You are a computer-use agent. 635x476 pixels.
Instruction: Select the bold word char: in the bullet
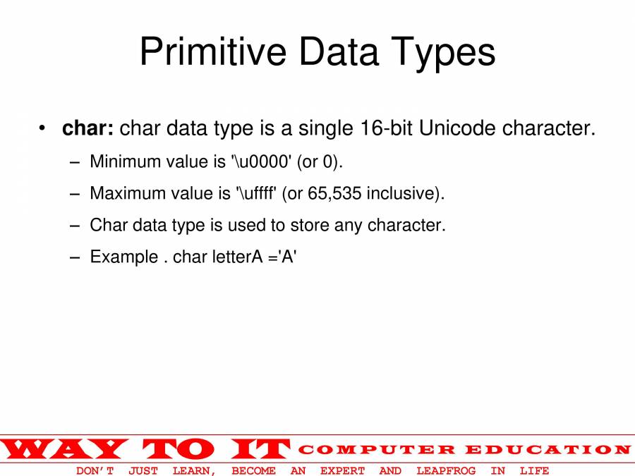[87, 128]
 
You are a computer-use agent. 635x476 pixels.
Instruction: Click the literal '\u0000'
[260, 161]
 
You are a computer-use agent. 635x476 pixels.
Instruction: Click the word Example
[124, 257]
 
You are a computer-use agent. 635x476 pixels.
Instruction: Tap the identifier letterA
[238, 257]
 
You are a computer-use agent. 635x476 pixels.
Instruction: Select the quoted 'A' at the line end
[288, 257]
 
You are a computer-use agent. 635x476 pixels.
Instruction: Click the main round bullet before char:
[43, 129]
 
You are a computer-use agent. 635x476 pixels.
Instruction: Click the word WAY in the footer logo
[64, 448]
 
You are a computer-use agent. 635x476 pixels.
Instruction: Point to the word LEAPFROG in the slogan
[446, 470]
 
